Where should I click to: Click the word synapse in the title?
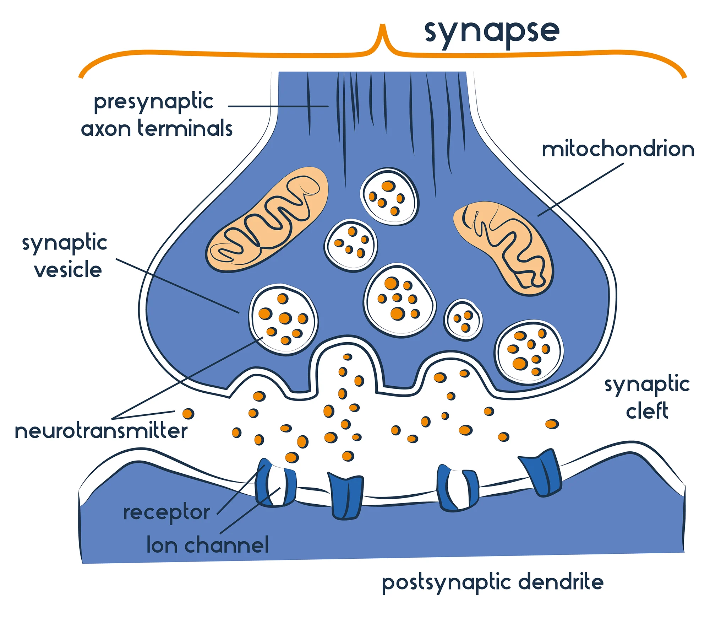coord(492,32)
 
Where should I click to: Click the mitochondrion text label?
coord(618,149)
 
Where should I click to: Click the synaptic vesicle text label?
coord(65,256)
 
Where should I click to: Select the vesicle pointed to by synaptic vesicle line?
coord(283,319)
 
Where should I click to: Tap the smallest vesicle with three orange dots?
coord(463,320)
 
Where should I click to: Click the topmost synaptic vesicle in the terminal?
coord(389,196)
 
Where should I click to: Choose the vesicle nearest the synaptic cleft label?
coord(529,352)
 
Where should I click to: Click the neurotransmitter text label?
coord(101,431)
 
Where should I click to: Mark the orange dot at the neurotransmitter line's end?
coord(188,414)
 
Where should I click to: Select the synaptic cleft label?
coord(647,397)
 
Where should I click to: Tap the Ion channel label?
coord(208,545)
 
